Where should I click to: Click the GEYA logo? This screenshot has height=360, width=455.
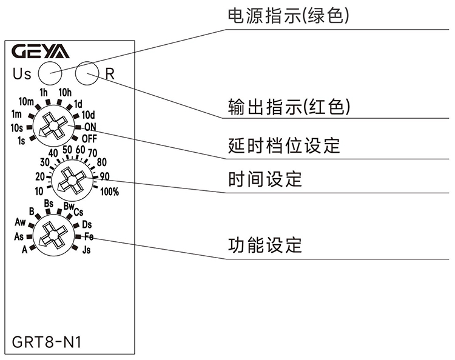pos(41,51)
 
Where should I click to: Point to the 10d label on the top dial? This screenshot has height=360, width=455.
pos(89,115)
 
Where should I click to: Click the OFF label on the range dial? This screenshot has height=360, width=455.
pos(89,138)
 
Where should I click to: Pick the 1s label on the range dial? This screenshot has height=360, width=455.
pos(21,141)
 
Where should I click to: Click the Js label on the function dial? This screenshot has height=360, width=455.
pos(86,248)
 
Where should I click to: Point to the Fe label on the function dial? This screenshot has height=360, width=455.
pos(89,236)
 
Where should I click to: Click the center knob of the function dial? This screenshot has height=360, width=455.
pos(53,235)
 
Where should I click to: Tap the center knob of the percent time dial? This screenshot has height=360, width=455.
pos(71,180)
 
